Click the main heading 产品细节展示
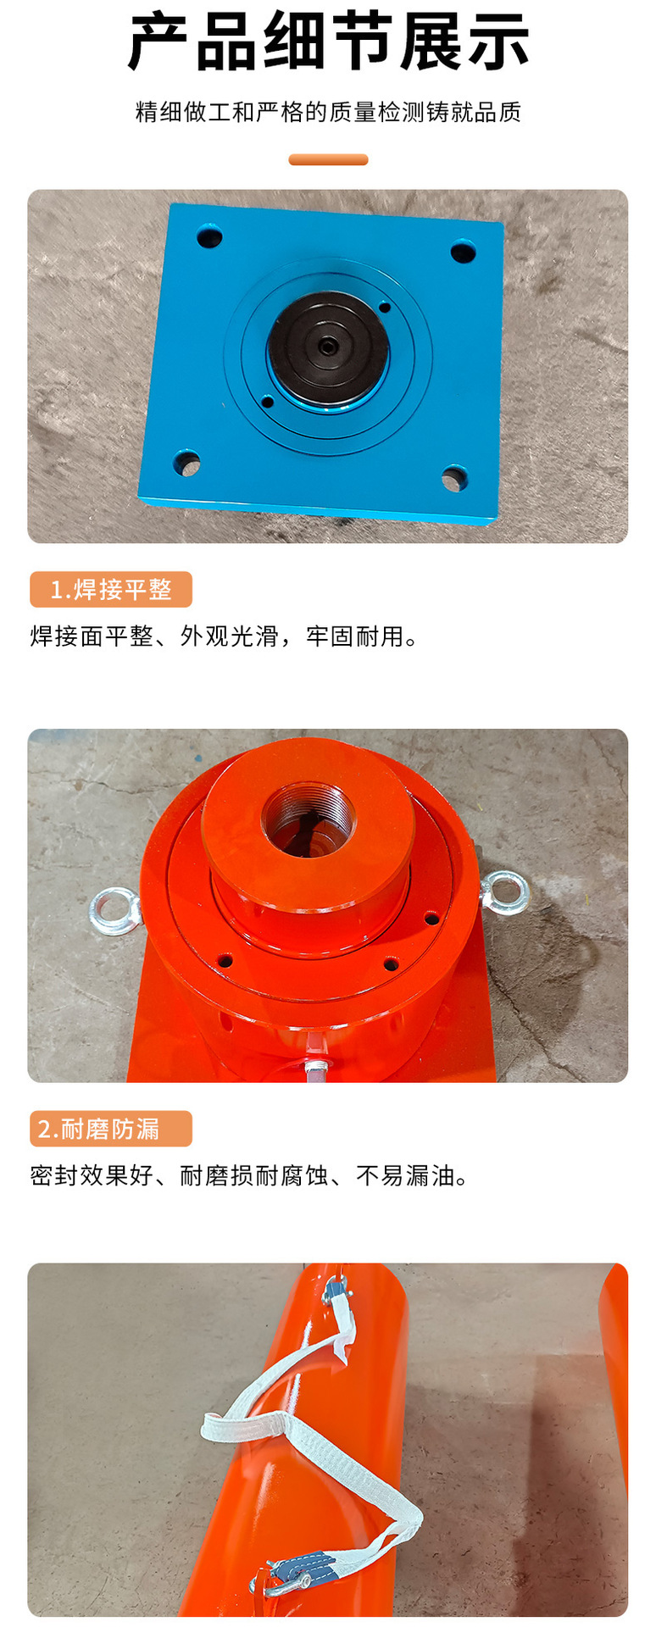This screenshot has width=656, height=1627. point(328,42)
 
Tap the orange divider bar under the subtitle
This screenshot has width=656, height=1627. point(328,159)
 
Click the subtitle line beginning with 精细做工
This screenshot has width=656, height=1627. point(328,112)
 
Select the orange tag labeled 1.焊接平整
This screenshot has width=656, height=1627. point(111,590)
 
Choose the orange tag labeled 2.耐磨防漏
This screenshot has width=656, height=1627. point(111,1129)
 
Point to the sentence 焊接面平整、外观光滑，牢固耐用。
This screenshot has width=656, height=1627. point(225,636)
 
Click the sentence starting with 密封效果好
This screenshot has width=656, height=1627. point(249,1175)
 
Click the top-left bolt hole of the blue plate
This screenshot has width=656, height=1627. point(209,236)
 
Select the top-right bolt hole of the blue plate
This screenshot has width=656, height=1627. point(463,253)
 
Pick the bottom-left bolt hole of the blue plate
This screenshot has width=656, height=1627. point(186,464)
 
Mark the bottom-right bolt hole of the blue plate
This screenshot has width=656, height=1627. point(454,480)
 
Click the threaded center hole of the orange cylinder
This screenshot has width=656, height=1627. point(309,820)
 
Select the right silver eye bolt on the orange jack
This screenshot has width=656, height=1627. point(507,894)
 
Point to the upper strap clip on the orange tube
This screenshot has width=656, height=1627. point(336,1291)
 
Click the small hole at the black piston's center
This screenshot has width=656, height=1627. point(327,346)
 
